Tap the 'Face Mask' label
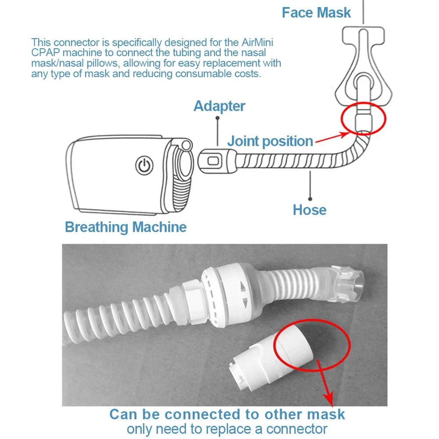pos(316,13)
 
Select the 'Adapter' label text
pos(219,106)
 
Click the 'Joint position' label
pos(270,141)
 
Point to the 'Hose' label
pos(309,210)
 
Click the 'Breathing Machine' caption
pos(126,227)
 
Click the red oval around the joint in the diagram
pos(363,119)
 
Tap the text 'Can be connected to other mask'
pos(227,414)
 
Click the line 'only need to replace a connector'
pos(227,428)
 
